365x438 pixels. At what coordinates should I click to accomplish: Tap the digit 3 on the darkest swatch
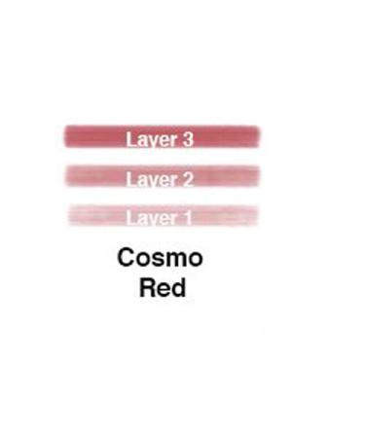(x=187, y=139)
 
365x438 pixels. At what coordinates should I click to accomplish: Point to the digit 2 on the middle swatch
(x=187, y=179)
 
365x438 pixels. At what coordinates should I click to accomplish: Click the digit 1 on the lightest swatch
(x=187, y=218)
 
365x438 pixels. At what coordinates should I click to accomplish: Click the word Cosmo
(x=160, y=258)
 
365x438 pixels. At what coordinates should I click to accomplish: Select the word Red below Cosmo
(x=162, y=288)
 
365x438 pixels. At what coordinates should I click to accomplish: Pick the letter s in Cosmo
(x=156, y=260)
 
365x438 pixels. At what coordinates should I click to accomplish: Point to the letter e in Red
(x=163, y=290)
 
